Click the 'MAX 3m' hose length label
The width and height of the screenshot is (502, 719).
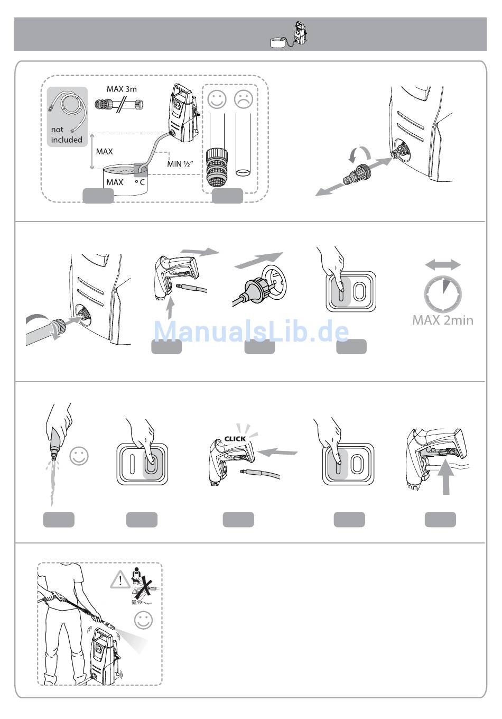(x=122, y=89)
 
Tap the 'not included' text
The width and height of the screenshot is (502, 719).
(x=67, y=134)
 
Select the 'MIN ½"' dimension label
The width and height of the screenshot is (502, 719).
(x=180, y=164)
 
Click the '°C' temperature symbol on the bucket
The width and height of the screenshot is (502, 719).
(x=140, y=182)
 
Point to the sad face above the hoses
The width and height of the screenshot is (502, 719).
(x=244, y=99)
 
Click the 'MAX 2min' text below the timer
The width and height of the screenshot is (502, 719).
(x=443, y=320)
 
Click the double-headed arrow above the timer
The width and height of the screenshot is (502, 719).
(x=443, y=265)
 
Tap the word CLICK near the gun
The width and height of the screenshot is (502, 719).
(x=235, y=438)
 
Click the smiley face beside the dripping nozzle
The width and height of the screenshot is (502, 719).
(x=79, y=456)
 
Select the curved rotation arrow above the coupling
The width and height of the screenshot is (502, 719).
(x=359, y=154)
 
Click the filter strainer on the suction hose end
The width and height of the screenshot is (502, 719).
(x=217, y=168)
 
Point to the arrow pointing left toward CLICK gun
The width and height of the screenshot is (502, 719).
(x=277, y=452)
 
